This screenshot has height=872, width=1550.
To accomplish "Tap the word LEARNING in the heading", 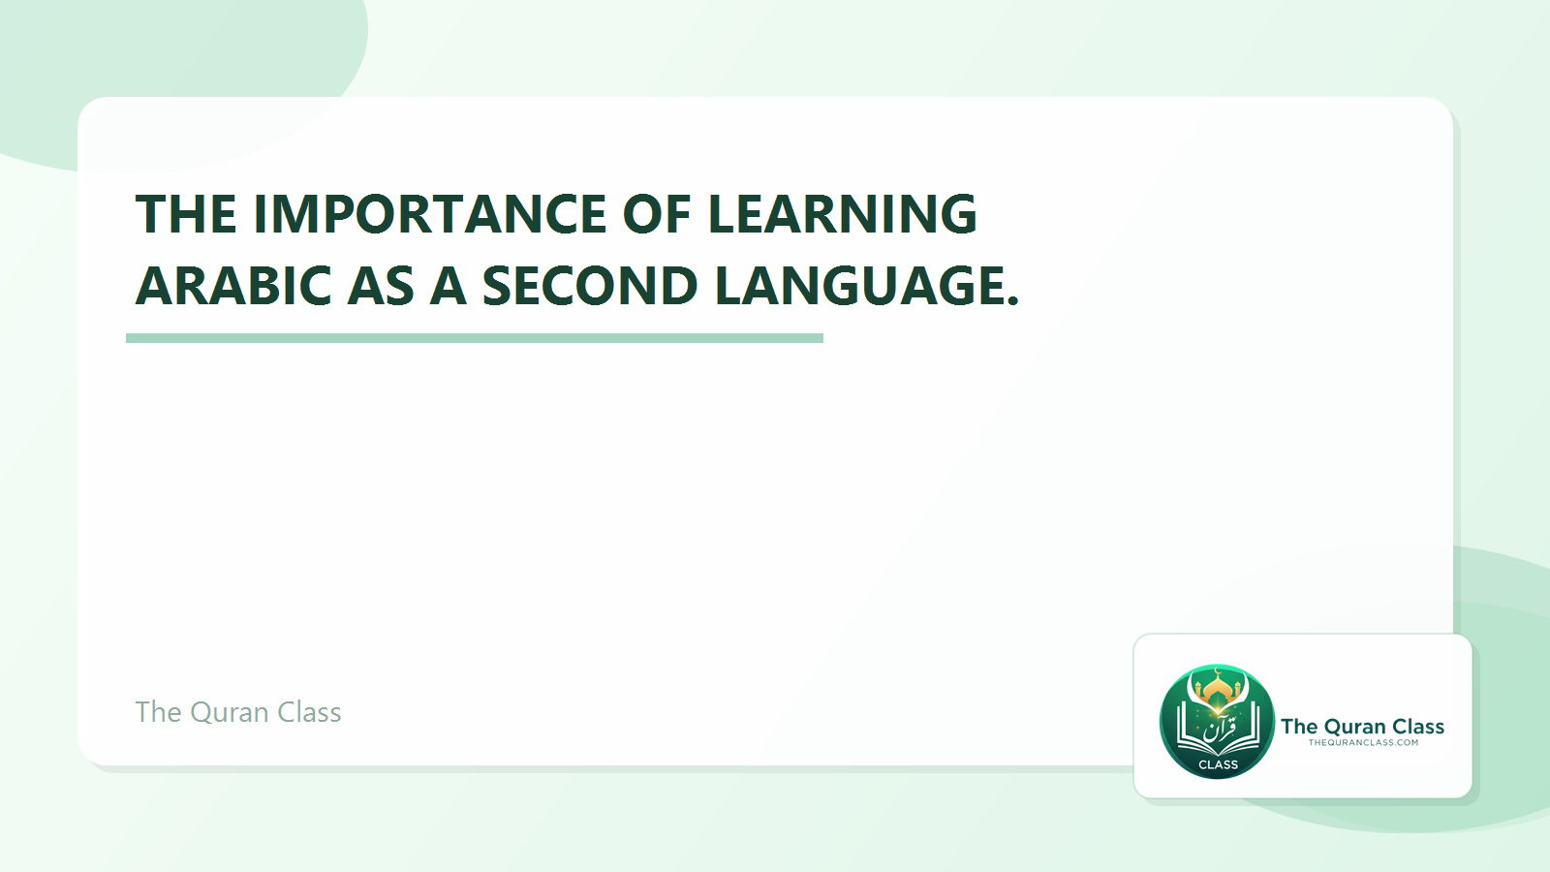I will [x=843, y=214].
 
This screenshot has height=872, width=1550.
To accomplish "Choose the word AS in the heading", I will [x=381, y=286].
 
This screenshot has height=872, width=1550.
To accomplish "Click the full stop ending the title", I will [x=1013, y=300].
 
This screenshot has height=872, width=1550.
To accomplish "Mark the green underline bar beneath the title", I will [x=475, y=338].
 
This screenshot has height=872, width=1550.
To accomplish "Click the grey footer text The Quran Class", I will [x=238, y=712].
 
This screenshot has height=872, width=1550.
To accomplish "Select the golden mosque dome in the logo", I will [x=1218, y=691].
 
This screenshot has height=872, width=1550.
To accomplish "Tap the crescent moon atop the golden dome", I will [x=1218, y=671].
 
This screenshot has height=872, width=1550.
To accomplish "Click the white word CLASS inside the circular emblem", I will [x=1218, y=764].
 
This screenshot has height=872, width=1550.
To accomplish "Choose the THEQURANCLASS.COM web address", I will [x=1363, y=743].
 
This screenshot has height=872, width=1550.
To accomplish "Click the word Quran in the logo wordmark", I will [x=1354, y=727].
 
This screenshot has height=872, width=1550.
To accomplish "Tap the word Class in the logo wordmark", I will [x=1418, y=727].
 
